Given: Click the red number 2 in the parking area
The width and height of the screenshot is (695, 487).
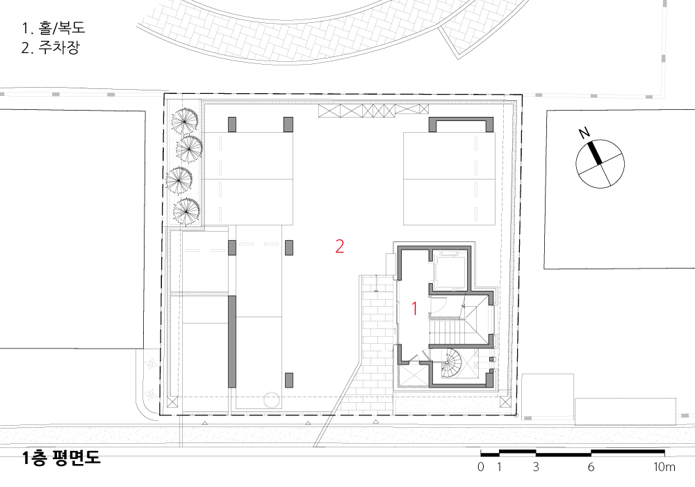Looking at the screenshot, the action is click(340, 246).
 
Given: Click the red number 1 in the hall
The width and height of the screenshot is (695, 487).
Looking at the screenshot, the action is click(415, 309).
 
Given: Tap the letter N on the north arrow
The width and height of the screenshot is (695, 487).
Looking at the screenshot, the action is click(584, 132).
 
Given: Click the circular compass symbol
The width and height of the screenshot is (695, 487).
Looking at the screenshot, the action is click(600, 164).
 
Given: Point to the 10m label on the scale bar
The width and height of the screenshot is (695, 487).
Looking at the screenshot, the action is click(664, 467).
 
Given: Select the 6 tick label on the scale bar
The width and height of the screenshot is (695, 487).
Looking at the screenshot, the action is click(591, 467).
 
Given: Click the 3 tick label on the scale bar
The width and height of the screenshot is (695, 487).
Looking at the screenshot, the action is click(536, 467).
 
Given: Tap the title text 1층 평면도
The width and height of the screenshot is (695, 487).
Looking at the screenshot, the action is click(62, 458).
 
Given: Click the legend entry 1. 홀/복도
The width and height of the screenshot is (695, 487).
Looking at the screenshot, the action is click(53, 28).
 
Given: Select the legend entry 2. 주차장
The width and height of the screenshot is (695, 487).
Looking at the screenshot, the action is click(51, 47).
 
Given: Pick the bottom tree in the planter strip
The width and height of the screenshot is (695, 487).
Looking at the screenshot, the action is click(186, 212).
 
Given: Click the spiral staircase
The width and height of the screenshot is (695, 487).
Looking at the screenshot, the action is click(451, 362).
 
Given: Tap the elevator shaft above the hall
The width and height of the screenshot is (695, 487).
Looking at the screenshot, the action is click(448, 270).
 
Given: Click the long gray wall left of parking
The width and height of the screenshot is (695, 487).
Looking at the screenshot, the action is click(232, 342).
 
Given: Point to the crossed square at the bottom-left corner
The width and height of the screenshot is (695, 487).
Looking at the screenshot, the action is click(172, 401).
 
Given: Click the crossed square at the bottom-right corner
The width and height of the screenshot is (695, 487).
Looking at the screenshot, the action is click(505, 401).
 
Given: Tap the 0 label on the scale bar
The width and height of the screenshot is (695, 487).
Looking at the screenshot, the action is click(481, 467).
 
